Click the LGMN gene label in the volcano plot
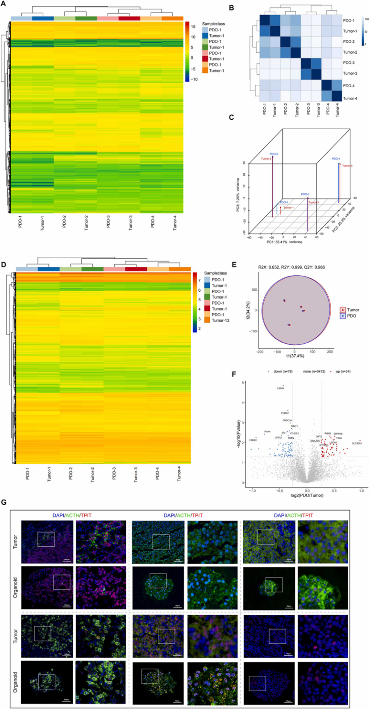pos(280,388)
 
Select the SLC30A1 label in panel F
pos(357,443)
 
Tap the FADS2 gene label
pos(253,441)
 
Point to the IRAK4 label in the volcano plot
pos(267,432)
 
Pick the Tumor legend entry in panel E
pos(353,309)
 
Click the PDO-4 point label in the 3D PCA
pos(336,159)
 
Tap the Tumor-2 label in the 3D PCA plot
pos(266,159)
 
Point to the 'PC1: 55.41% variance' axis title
pos(284,242)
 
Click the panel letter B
pos(230,8)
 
